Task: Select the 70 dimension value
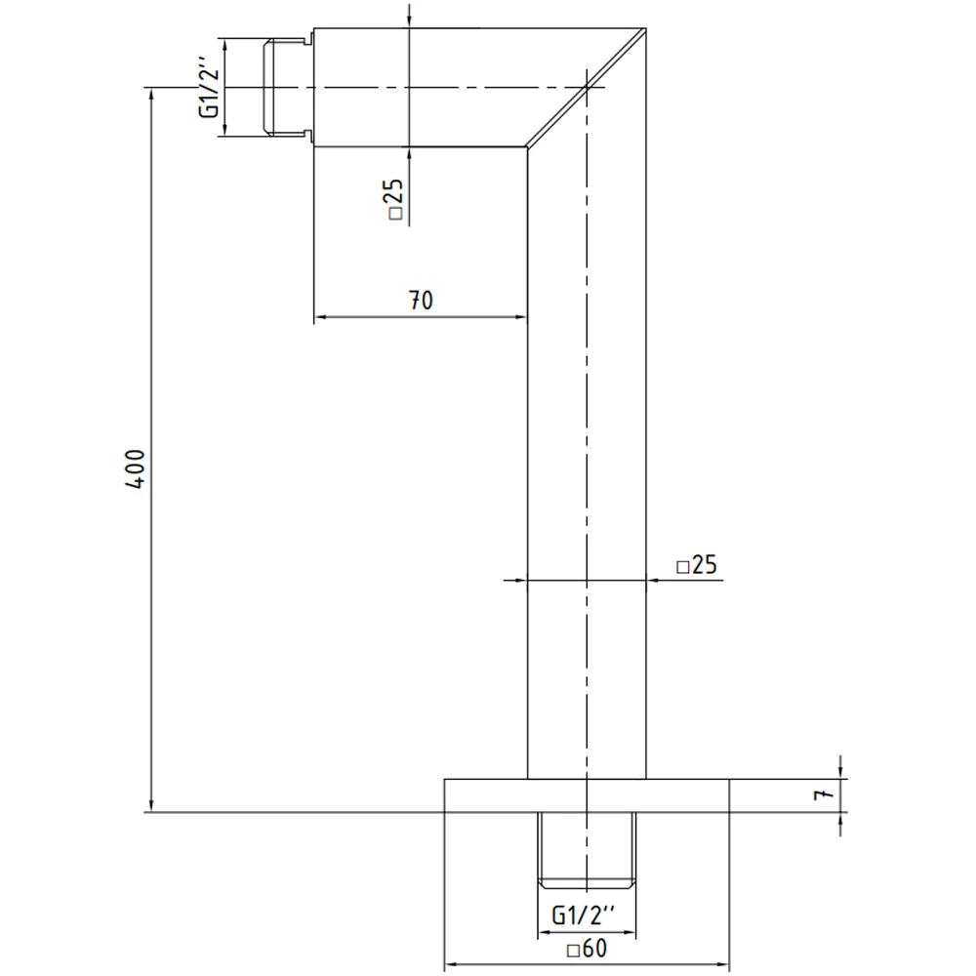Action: (x=420, y=301)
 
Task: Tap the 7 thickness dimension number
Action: (x=826, y=795)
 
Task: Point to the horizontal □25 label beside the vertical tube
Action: (x=697, y=565)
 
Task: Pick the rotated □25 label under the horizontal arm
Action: (x=396, y=201)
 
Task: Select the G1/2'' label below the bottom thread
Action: (x=584, y=915)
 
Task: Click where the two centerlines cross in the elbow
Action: (x=586, y=88)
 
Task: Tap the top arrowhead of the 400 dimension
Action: (x=150, y=95)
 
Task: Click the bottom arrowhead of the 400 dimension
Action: (x=150, y=804)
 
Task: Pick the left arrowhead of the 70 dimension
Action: (x=320, y=317)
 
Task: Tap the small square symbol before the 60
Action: (x=573, y=949)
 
